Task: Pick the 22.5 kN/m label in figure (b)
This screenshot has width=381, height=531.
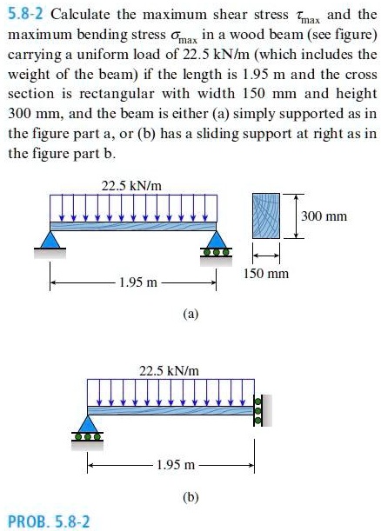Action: point(170,370)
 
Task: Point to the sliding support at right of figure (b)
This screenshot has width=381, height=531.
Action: point(257,407)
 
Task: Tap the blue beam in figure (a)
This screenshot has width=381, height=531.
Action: point(131,224)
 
